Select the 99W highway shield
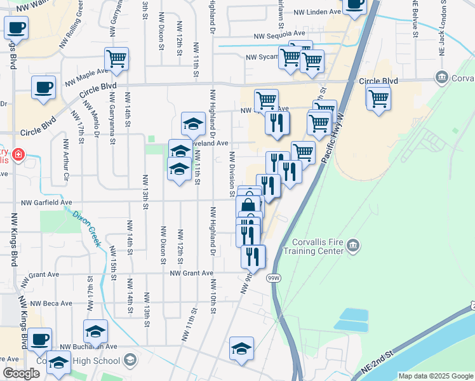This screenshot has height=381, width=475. click(274, 278)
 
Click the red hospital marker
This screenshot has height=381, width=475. click(18, 154)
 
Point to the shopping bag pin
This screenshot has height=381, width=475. click(248, 206)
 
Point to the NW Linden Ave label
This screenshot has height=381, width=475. click(314, 12)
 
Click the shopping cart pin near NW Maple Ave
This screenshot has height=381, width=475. click(116, 59)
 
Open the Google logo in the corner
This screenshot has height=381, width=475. click(21, 373)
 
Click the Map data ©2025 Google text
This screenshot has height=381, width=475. click(435, 376)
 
